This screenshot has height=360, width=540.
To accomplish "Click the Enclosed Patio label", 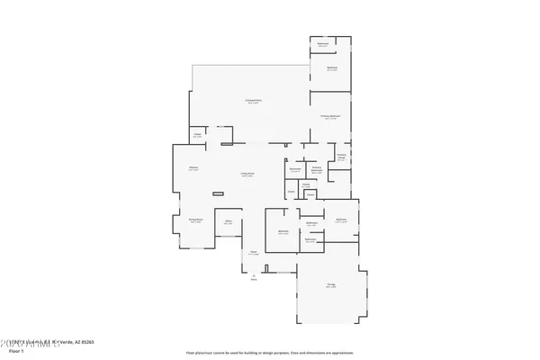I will click(254, 101).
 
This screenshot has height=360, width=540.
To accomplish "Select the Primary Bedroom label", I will click(331, 117).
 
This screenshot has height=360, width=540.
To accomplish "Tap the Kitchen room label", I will click(193, 167).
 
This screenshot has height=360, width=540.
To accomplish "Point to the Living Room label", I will click(246, 175).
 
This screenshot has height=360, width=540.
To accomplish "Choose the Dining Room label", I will click(194, 219).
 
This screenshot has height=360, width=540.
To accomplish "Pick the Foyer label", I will click(254, 252).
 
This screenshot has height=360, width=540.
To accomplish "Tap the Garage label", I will click(331, 285).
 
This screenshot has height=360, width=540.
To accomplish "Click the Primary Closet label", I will click(342, 157).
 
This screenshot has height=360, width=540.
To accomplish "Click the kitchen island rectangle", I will click(220, 193).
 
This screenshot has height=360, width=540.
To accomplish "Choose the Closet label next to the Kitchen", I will click(197, 136).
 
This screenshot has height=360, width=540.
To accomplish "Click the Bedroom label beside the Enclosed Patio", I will click(331, 69).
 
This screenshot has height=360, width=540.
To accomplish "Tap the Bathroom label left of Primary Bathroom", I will click(294, 169).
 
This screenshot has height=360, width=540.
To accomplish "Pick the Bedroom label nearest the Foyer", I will click(283, 231).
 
